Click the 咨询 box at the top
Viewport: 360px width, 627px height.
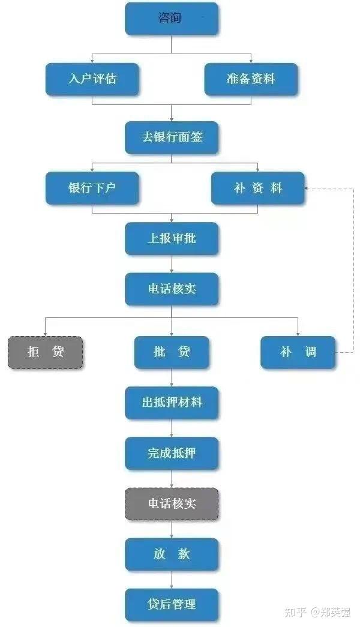click(172, 19)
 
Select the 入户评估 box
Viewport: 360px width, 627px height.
click(92, 79)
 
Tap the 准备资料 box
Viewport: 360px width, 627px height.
click(251, 79)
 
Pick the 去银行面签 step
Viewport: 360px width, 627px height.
click(172, 137)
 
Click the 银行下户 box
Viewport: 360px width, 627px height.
click(92, 188)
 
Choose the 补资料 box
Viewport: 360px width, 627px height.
click(257, 188)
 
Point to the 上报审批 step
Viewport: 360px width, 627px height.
click(172, 239)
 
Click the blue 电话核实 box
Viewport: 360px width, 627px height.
click(172, 289)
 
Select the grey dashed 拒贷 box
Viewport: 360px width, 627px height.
click(45, 352)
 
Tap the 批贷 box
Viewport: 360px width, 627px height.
click(172, 352)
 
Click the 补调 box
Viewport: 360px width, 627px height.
click(298, 352)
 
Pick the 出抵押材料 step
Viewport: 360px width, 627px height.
click(172, 403)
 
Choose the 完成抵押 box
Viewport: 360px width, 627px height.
click(172, 454)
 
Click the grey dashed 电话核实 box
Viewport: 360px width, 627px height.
click(172, 504)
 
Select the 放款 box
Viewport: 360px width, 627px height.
click(172, 554)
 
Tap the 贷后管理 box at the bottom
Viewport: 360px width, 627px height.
click(172, 605)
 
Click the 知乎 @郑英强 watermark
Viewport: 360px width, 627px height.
click(317, 612)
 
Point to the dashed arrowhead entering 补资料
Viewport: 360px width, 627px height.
click(307, 188)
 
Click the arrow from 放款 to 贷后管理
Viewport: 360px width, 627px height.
click(172, 580)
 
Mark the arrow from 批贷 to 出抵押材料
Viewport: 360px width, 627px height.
click(172, 377)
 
